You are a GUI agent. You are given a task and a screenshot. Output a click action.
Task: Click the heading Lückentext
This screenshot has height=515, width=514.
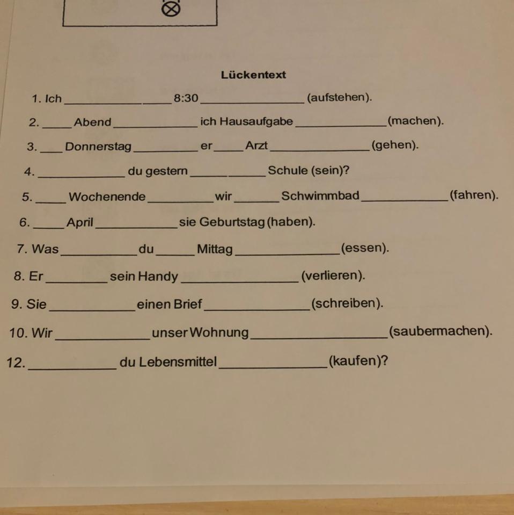253,75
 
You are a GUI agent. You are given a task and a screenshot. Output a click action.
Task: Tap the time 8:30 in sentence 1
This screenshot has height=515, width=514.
186,98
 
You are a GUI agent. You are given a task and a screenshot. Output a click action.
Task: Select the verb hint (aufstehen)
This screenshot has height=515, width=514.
339,98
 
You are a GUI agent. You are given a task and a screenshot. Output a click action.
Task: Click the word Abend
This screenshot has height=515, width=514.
92,122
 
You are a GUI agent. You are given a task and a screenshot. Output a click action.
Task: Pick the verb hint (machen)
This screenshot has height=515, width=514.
416,122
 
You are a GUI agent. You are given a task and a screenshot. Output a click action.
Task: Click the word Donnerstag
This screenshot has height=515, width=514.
98,147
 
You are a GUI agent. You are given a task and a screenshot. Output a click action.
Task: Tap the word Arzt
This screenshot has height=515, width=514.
256,146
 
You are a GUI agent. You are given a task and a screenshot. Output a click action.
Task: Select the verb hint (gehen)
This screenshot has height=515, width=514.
394,146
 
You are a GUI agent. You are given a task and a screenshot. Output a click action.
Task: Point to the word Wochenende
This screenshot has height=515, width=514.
107,197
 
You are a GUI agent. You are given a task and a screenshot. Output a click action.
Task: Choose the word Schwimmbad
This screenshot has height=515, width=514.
320,196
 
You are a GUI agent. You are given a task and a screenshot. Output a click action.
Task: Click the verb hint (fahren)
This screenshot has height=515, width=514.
474,195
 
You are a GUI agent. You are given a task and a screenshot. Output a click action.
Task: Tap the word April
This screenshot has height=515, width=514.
80,222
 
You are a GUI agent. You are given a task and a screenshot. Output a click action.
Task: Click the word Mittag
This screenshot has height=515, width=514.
215,249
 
